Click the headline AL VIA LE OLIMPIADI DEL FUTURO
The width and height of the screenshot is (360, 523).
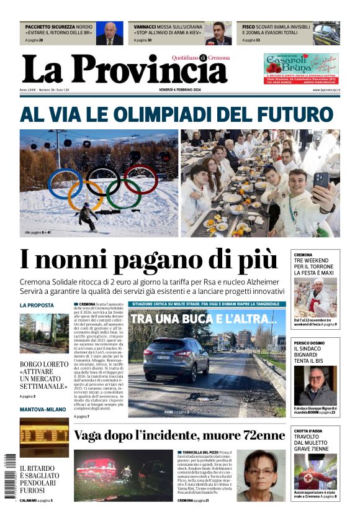coord(176,115)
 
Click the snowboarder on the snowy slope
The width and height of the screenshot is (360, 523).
coord(87,216)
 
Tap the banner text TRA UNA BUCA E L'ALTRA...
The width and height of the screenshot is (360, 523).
coord(204,319)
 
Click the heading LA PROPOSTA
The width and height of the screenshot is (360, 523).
coord(37,305)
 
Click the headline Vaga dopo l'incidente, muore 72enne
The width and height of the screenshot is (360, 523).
coord(179,435)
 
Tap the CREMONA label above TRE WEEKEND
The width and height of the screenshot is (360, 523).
coord(304,255)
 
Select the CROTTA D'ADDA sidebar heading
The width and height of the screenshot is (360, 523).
coord(309,430)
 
